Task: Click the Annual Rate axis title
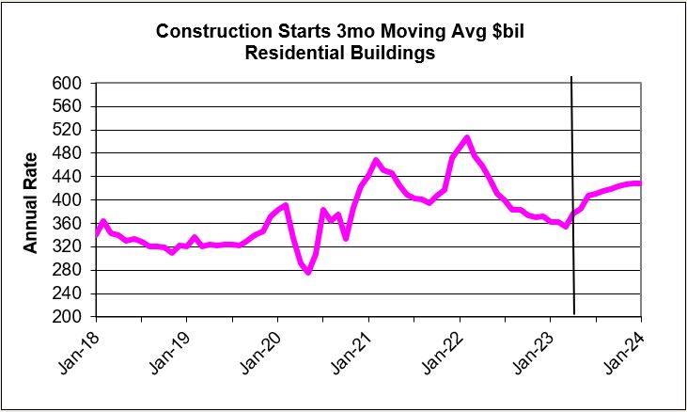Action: pos(31,201)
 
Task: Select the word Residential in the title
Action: pos(291,54)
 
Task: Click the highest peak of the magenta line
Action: pos(467,137)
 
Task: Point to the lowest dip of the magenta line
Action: pos(308,273)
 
